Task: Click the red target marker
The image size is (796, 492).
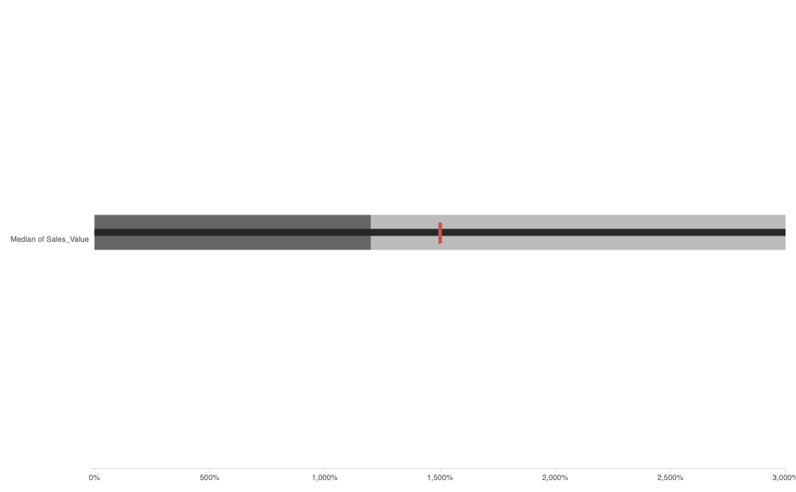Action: (x=440, y=233)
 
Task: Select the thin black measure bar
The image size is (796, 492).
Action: (x=594, y=232)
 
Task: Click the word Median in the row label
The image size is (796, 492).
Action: (x=22, y=240)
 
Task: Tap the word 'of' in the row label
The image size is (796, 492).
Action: (x=40, y=240)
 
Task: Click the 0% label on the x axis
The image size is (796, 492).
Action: (x=94, y=478)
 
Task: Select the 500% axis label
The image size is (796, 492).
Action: (x=209, y=478)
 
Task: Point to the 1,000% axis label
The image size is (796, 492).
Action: (x=325, y=478)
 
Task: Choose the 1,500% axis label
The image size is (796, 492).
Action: (x=440, y=478)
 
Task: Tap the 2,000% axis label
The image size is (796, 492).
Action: (x=555, y=478)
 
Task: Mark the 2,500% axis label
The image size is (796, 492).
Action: (x=670, y=478)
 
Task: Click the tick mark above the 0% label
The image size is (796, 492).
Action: (x=94, y=470)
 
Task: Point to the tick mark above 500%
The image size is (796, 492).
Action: (x=209, y=470)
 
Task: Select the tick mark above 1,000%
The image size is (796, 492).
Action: (x=325, y=470)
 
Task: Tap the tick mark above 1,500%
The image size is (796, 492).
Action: (x=440, y=470)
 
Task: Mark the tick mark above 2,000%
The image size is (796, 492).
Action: (x=555, y=470)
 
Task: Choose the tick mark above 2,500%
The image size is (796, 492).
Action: (x=670, y=470)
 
